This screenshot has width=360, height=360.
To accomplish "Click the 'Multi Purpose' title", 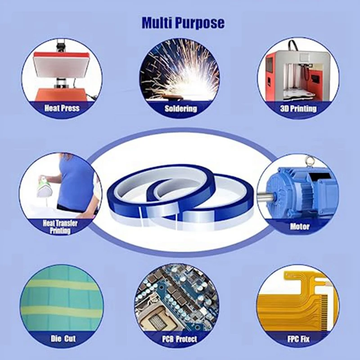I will tap(183, 22).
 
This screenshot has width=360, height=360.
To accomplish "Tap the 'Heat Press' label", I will tap(62, 108).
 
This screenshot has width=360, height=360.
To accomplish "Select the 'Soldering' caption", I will tap(180, 108).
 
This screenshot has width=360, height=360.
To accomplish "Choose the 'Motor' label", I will tap(300, 226).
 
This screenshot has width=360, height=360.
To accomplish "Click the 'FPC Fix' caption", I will tap(299, 338).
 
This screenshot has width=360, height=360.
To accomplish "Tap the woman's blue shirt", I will tap(74, 180).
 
